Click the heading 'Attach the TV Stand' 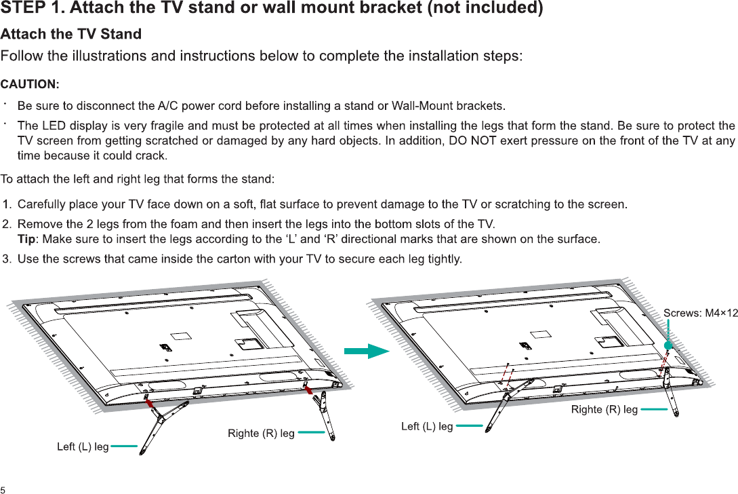(x=71, y=34)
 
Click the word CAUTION (x=30, y=84)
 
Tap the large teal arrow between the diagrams (x=367, y=351)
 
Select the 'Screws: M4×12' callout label (x=700, y=313)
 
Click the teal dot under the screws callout (x=668, y=345)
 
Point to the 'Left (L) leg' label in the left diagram (x=83, y=446)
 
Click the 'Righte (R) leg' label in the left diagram (x=261, y=433)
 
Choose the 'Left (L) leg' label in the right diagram (x=427, y=426)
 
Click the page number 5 (x=3, y=489)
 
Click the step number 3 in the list (x=7, y=259)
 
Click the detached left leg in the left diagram (x=163, y=420)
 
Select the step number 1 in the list (x=7, y=204)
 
